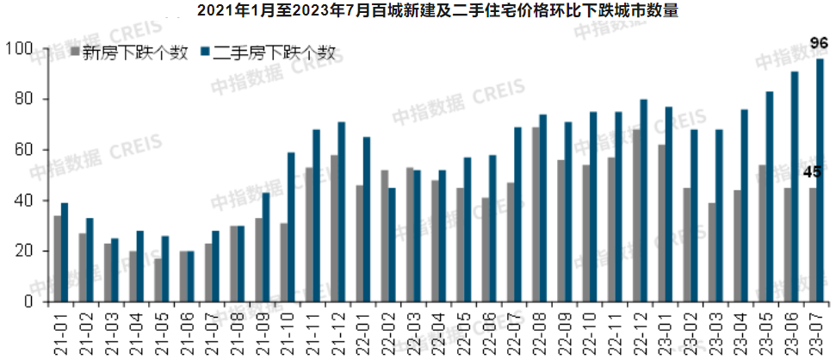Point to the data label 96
coord(820,41)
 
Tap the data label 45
coord(811,172)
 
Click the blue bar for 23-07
coord(820,181)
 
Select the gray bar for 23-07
coord(811,245)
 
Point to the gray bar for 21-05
coord(158,280)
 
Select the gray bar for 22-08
coord(536,214)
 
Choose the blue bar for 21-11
coord(317,215)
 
